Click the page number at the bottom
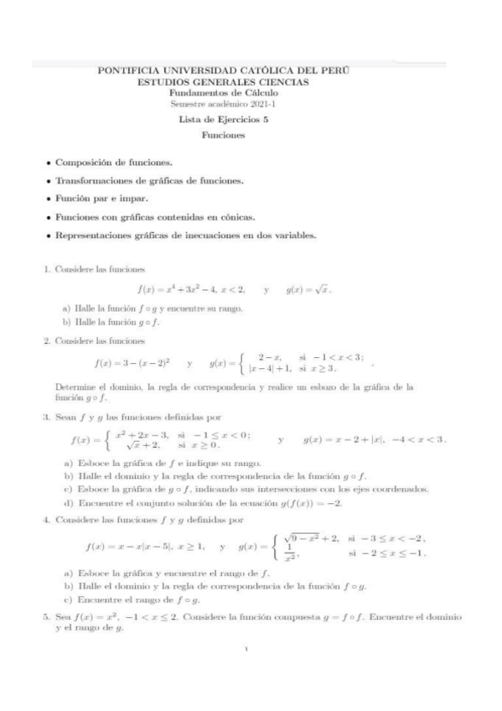251,672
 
